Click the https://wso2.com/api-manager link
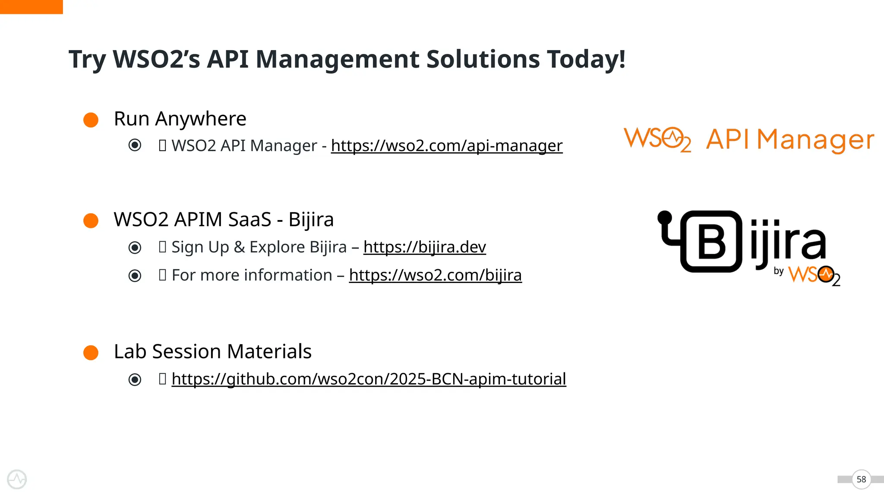pos(447,146)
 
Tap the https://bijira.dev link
pos(425,247)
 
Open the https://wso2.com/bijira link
pos(435,275)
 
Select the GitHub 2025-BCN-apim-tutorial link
pos(369,379)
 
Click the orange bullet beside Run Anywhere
pos(91,120)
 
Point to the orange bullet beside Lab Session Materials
pos(91,352)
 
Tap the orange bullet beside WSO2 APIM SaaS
pos(91,220)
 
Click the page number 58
pos(861,479)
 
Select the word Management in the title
pos(337,59)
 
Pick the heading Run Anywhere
pos(180,119)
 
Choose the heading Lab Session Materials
pos(212,352)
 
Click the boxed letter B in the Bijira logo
pos(711,242)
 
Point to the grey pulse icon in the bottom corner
pos(17,479)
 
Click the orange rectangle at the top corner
pos(31,6)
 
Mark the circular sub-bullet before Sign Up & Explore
pos(135,248)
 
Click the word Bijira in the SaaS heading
pos(311,220)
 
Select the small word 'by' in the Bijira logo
pos(779,271)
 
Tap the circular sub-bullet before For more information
pos(135,276)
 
